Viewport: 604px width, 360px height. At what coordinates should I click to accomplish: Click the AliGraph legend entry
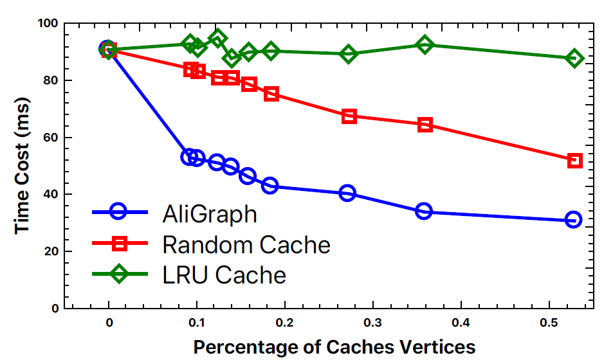click(210, 213)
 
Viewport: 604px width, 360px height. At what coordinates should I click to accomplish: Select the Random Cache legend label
click(246, 244)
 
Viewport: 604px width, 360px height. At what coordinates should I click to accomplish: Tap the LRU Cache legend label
click(224, 275)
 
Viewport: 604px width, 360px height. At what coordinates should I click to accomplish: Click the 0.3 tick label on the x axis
click(371, 321)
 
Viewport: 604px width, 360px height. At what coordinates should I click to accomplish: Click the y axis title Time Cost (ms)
click(23, 165)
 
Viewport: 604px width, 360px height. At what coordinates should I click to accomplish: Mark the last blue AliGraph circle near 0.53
click(573, 220)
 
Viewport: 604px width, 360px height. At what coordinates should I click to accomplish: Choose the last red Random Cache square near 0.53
click(574, 160)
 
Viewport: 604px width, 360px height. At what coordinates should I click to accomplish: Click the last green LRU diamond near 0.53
click(574, 58)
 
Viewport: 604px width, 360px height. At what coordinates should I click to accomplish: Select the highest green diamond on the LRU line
click(217, 38)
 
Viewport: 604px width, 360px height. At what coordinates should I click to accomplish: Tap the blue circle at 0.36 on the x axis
click(423, 211)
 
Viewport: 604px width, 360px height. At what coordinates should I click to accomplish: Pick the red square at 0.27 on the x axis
click(349, 116)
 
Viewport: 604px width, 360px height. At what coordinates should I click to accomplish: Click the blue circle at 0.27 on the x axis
click(347, 193)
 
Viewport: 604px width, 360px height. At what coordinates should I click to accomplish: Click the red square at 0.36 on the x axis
click(425, 125)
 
